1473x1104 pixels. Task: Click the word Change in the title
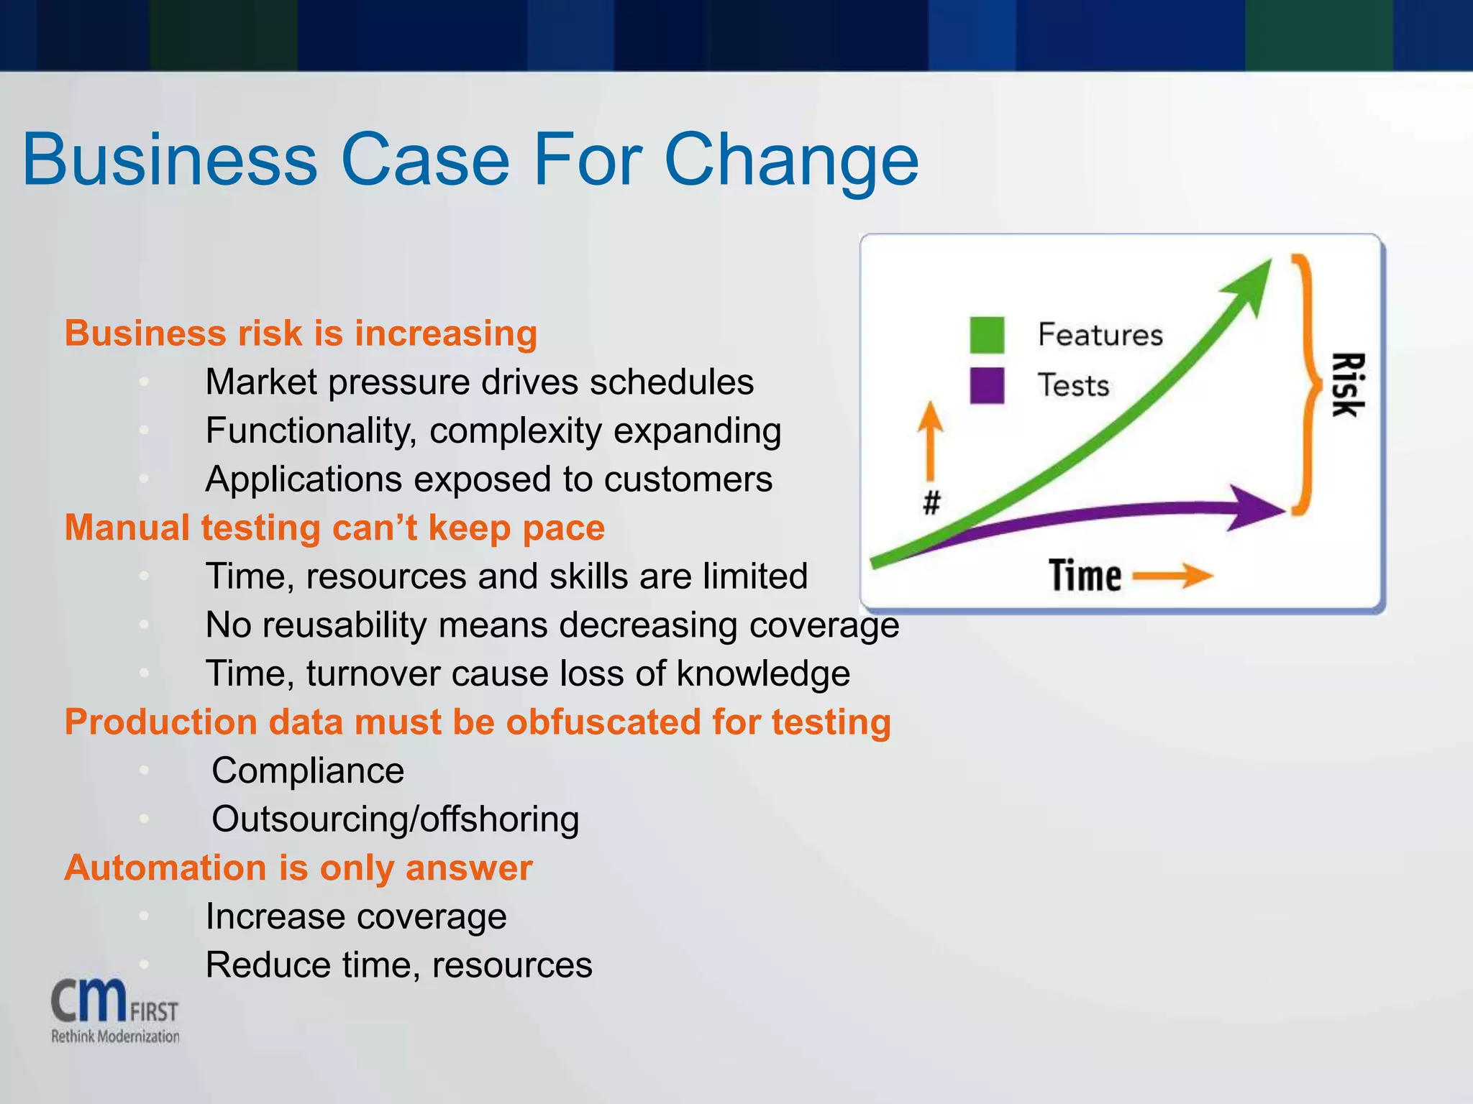[x=790, y=160]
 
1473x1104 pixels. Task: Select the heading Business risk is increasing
[x=301, y=333]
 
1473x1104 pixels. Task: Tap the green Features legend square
[x=987, y=335]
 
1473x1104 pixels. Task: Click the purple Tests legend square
[x=987, y=385]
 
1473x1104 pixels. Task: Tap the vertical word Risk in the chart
[x=1346, y=385]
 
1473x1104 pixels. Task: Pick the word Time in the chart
[x=1085, y=576]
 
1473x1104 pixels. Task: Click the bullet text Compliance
[x=308, y=770]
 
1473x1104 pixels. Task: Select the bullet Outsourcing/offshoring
[x=395, y=819]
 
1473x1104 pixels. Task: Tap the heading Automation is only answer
[x=298, y=868]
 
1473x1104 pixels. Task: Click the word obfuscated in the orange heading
[x=603, y=722]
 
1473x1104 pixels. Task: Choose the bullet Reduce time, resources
[x=398, y=965]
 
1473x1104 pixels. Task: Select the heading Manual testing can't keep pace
[x=334, y=528]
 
